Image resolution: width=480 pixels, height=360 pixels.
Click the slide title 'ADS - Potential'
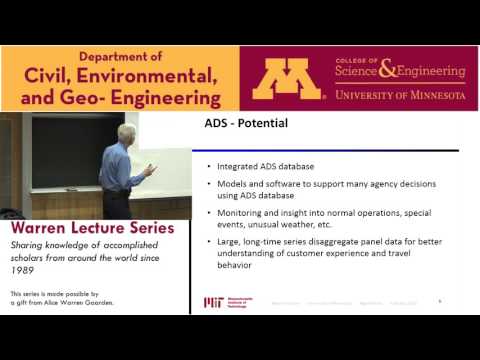click(240, 125)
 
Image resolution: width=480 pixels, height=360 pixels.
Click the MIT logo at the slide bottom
click(213, 301)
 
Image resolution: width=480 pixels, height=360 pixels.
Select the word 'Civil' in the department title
click(45, 77)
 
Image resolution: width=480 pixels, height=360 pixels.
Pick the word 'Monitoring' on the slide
click(238, 212)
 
